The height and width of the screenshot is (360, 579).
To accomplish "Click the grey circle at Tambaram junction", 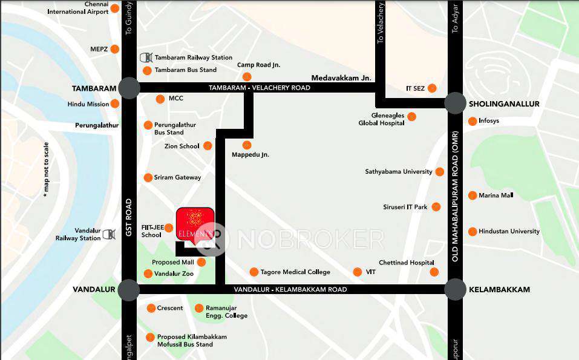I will point(129,88).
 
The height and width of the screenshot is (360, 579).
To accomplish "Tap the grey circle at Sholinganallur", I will point(455,103).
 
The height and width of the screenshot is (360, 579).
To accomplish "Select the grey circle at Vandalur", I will point(129,290).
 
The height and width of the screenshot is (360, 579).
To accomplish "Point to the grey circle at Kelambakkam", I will point(455,290).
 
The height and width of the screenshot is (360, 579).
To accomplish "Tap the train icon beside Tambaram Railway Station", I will point(146,57).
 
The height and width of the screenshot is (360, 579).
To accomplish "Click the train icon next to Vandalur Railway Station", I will point(109,234).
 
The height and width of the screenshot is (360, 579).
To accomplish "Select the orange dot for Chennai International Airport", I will point(114,8).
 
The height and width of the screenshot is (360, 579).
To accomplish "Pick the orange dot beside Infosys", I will point(473,121).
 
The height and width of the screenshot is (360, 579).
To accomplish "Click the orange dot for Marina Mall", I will point(473,195).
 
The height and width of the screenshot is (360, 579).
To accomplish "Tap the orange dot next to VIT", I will point(358,272).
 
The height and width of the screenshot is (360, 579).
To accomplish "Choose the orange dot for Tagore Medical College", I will point(254,272).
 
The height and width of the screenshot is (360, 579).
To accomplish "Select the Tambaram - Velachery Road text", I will point(259,88).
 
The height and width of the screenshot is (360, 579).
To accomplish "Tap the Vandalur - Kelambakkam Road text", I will point(290,290).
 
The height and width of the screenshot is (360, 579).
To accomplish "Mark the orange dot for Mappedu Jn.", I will point(247,145).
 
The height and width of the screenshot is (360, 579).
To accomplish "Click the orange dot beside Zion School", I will point(208,146).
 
